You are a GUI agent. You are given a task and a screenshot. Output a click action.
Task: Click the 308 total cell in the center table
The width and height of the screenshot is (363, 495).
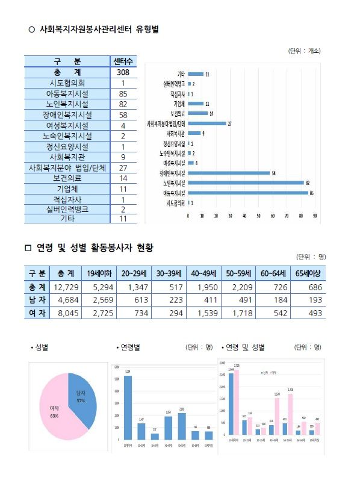point(123,72)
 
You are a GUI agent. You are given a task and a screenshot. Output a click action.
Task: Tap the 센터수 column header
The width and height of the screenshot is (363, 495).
point(123,61)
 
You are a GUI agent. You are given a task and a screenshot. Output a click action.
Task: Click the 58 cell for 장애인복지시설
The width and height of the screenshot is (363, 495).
point(123,114)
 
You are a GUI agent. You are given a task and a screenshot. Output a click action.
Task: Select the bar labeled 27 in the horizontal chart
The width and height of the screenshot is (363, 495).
point(206,123)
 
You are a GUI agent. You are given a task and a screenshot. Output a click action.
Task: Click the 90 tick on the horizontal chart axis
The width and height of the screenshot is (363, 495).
point(315,215)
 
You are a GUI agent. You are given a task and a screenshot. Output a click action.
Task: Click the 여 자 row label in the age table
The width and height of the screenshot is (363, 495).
point(35,313)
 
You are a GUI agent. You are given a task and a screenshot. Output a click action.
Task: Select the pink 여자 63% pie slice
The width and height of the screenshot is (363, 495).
point(54,412)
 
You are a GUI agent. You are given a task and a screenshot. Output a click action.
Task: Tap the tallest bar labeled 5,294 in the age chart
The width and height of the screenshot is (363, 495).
point(128,406)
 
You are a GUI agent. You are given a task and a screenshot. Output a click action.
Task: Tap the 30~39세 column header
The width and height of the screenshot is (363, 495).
point(169,273)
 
